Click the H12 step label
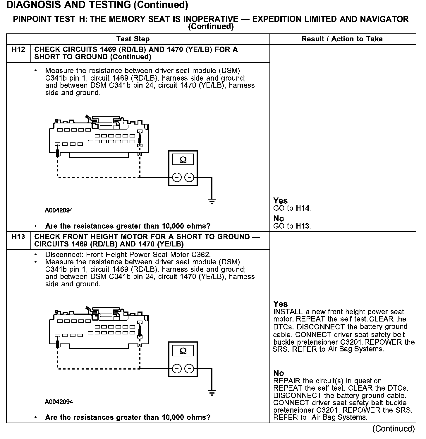(18, 50)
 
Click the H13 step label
(18, 237)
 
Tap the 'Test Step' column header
(133, 39)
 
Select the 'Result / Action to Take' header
(342, 39)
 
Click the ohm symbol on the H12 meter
(183, 160)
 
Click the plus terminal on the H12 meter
(177, 177)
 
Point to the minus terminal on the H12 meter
(190, 177)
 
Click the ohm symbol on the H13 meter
(183, 351)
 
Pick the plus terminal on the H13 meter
(177, 369)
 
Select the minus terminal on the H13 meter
(190, 369)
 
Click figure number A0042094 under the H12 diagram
(59, 210)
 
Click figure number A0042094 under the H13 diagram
(59, 402)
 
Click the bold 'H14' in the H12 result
(303, 208)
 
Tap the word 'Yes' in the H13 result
(280, 304)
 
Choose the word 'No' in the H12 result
(279, 219)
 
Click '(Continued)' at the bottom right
(393, 429)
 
